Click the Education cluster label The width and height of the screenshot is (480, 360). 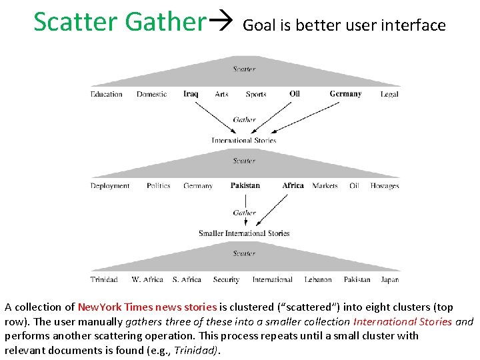pyautogui.click(x=107, y=94)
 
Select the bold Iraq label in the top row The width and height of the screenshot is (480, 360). pyautogui.click(x=191, y=94)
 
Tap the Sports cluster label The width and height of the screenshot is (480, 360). pyautogui.click(x=256, y=94)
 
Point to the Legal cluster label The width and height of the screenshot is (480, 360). pyautogui.click(x=389, y=94)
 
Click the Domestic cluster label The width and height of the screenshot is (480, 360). pyautogui.click(x=152, y=94)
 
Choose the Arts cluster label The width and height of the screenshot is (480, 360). pyautogui.click(x=221, y=94)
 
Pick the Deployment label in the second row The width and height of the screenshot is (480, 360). pyautogui.click(x=110, y=186)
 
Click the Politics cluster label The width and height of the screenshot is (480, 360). pyautogui.click(x=159, y=186)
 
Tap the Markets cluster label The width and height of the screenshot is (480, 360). pyautogui.click(x=325, y=186)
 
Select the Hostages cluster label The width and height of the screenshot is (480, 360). pyautogui.click(x=385, y=186)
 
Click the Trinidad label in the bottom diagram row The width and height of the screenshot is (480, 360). pyautogui.click(x=104, y=279)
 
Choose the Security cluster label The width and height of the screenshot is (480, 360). pyautogui.click(x=226, y=279)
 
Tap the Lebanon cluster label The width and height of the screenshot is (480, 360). pyautogui.click(x=318, y=279)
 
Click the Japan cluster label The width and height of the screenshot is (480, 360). pyautogui.click(x=390, y=279)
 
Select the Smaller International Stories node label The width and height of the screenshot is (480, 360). pyautogui.click(x=244, y=233)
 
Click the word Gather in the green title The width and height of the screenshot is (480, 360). pyautogui.click(x=165, y=22)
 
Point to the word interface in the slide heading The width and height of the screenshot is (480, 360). pyautogui.click(x=415, y=25)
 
